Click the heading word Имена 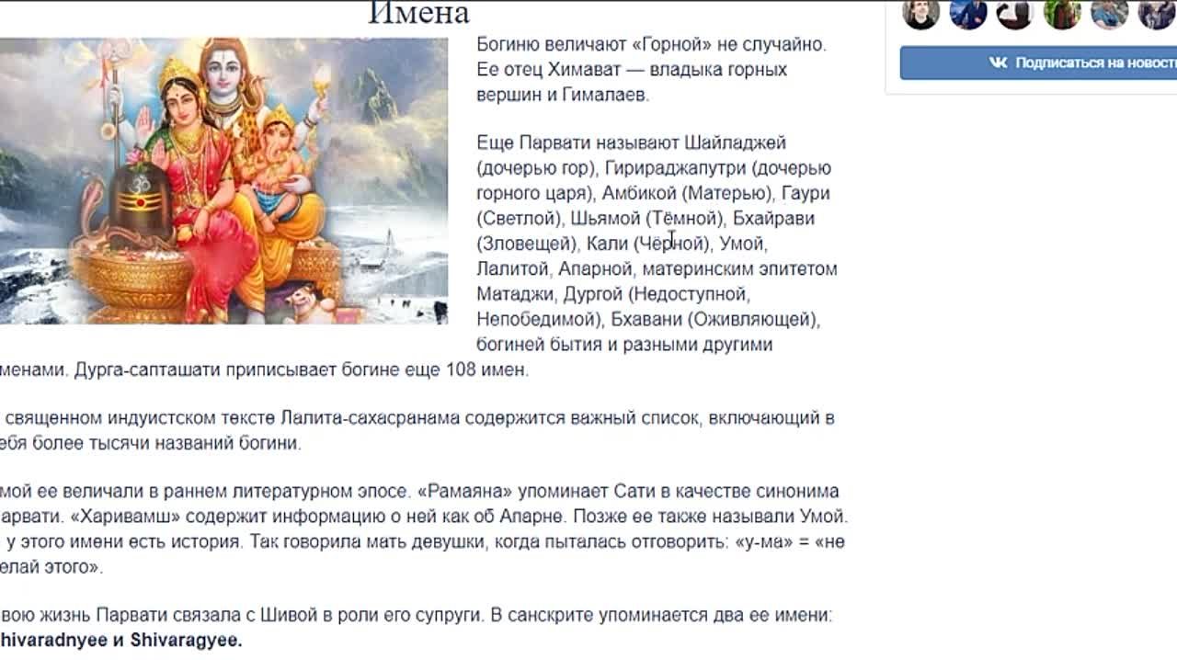pos(418,13)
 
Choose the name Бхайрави pos(773,219)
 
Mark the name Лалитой pos(513,269)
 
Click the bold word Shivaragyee pos(186,641)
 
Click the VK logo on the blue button pos(999,63)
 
